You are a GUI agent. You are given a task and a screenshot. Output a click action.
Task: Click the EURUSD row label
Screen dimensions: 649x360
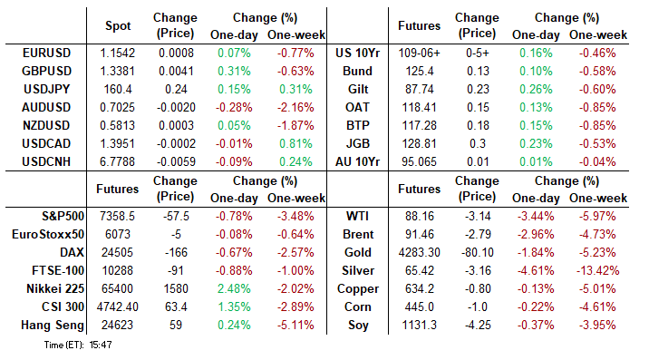(46, 53)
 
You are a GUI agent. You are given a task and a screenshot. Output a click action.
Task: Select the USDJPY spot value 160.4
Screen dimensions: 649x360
(118, 89)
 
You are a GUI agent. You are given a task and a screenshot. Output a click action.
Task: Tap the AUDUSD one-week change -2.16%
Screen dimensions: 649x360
(295, 107)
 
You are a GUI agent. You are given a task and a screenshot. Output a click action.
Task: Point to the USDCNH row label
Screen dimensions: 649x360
(46, 161)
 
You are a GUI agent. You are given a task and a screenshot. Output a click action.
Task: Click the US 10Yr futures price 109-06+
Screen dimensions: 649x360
(419, 53)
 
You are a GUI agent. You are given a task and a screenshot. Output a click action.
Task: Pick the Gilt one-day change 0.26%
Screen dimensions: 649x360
(536, 89)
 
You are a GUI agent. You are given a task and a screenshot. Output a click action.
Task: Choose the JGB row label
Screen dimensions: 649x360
(358, 143)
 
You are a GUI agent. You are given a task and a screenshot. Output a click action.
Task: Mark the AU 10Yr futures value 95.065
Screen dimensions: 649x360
(419, 161)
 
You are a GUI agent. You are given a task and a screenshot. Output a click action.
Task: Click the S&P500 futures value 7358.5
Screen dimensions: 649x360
(118, 216)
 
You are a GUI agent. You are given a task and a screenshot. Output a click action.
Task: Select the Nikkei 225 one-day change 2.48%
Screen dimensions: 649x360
(234, 288)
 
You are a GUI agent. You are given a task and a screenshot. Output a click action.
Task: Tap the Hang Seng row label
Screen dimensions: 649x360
(53, 326)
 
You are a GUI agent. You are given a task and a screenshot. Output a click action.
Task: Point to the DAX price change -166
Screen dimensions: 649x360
(176, 252)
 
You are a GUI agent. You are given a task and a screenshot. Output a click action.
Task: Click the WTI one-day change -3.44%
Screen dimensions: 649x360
(536, 216)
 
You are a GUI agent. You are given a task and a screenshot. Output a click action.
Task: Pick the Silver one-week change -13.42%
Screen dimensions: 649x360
(597, 270)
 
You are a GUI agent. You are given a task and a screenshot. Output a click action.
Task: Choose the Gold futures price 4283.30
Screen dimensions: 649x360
(419, 252)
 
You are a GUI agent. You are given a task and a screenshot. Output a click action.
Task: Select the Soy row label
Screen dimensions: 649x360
(358, 326)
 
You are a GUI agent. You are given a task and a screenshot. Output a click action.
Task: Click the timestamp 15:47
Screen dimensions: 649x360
(101, 345)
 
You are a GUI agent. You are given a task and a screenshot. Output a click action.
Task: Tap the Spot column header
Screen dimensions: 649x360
(118, 25)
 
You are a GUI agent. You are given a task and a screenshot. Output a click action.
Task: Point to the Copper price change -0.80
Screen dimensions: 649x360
(478, 288)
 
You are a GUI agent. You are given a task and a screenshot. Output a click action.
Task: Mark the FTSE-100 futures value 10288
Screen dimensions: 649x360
(118, 270)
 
